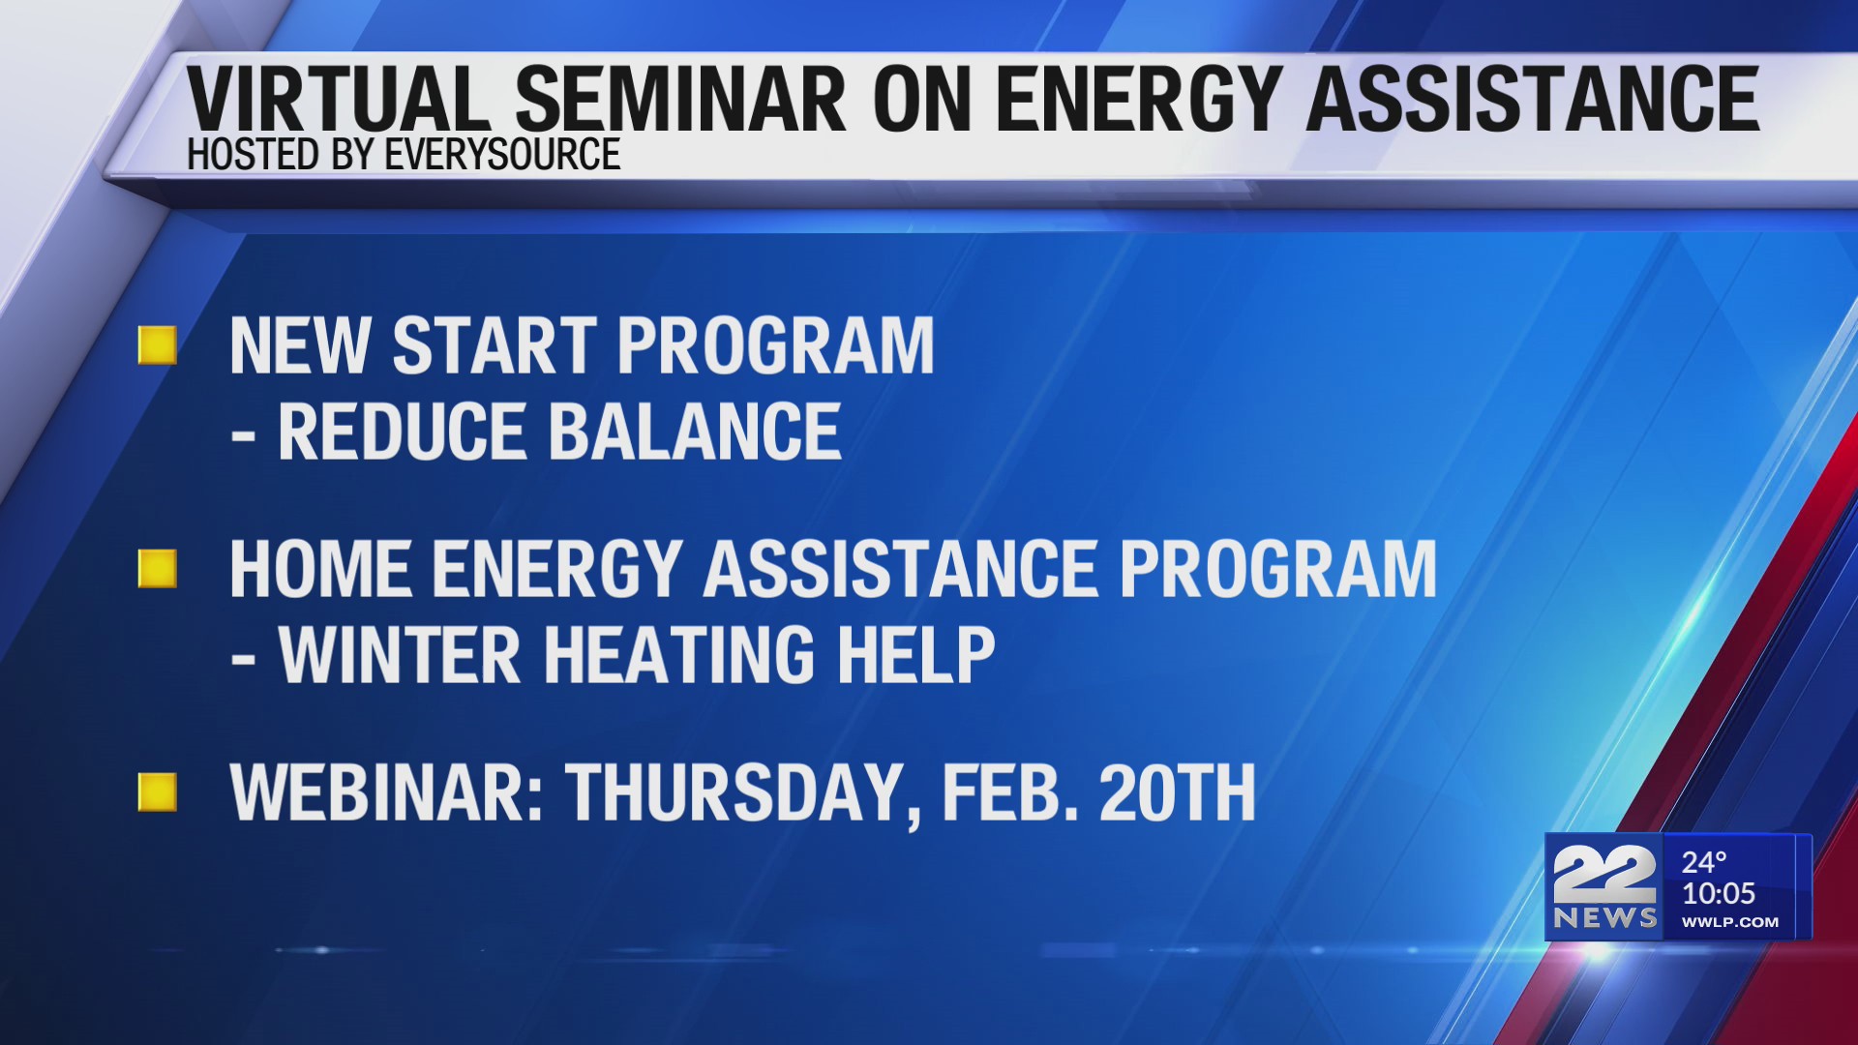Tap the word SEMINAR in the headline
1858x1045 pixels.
(680, 99)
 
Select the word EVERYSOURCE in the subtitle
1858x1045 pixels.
(502, 156)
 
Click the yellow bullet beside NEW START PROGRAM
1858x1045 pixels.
(158, 345)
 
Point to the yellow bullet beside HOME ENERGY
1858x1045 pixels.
(158, 569)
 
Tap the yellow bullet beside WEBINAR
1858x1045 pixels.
(158, 792)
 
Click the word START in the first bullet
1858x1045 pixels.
(494, 345)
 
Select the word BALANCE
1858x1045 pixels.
(695, 432)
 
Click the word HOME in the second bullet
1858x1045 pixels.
(319, 569)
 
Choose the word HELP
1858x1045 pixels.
(915, 656)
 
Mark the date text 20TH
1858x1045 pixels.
(1177, 793)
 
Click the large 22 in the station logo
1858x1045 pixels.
(1603, 875)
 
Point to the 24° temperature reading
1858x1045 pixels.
(1704, 862)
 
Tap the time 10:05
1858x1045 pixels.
(1719, 893)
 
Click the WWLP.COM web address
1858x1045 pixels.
(1729, 922)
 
